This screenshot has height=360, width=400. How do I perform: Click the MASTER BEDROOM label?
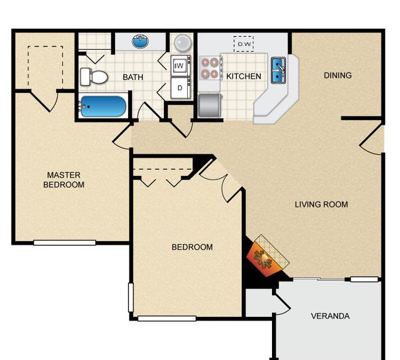click(63, 180)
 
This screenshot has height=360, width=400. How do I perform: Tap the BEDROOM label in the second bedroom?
click(192, 247)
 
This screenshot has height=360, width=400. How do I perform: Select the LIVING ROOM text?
click(321, 204)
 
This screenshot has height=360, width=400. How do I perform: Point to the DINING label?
click(338, 75)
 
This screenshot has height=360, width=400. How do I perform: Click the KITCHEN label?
click(244, 76)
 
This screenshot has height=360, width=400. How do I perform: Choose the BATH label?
click(133, 77)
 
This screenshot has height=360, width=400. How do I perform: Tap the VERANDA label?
click(330, 316)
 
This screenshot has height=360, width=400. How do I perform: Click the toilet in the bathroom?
click(93, 77)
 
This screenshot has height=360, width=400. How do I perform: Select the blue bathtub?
click(103, 107)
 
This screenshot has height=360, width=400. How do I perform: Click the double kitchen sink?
click(278, 70)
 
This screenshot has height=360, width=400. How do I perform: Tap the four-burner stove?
click(209, 68)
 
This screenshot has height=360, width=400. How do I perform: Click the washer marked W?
click(180, 65)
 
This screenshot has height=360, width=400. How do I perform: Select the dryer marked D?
click(180, 87)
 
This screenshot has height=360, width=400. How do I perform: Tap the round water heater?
click(182, 42)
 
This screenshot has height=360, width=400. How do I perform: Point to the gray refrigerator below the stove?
click(209, 105)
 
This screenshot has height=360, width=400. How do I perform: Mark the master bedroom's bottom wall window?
click(65, 242)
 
